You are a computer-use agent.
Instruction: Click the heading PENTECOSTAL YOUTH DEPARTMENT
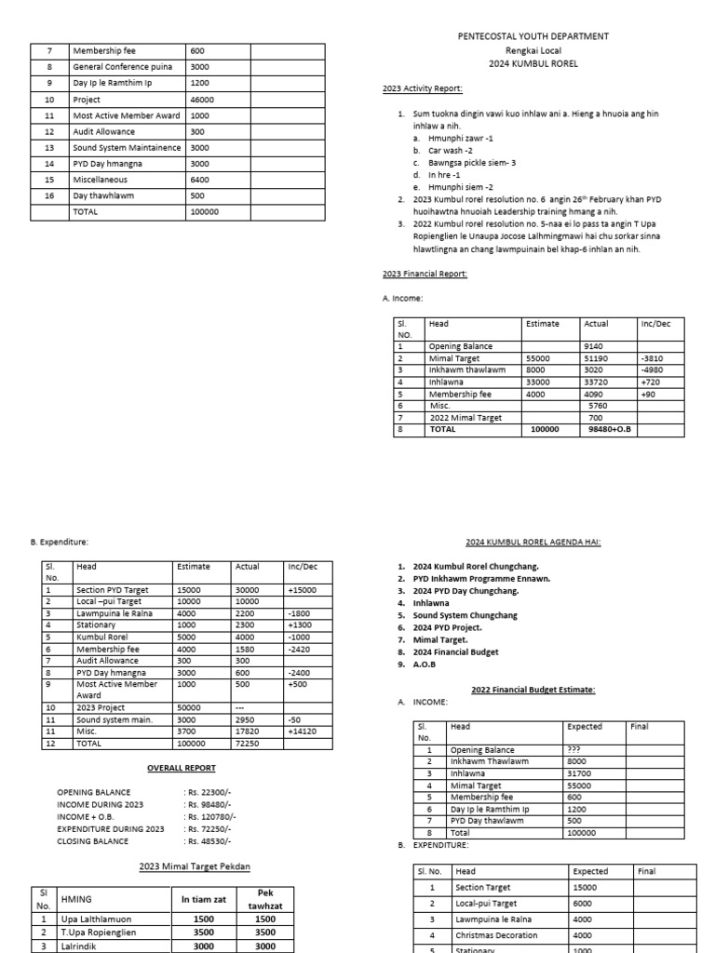[533, 36]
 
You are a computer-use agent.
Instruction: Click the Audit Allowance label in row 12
[104, 132]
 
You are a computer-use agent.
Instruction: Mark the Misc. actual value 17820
[248, 732]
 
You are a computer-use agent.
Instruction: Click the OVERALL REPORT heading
[182, 768]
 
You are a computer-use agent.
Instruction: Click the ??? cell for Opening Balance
[575, 749]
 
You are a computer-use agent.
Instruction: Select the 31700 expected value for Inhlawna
[578, 772]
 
